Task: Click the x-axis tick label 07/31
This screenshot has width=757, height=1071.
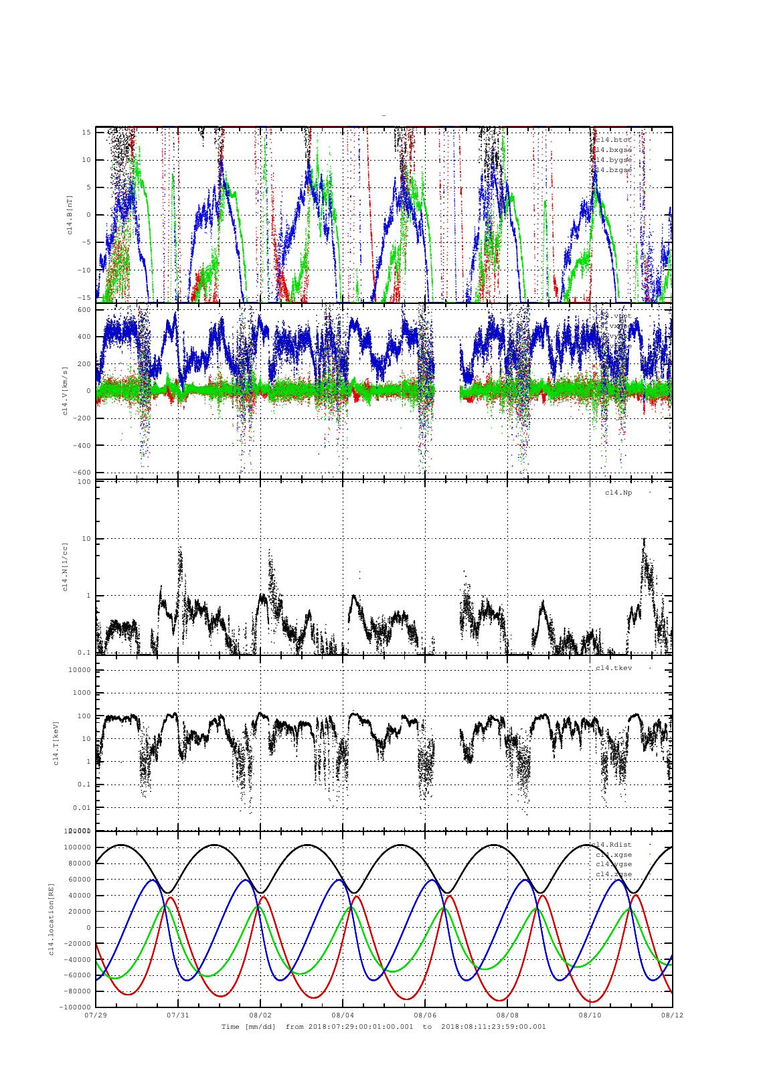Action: [178, 1015]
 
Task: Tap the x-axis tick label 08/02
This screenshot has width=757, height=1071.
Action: [260, 1015]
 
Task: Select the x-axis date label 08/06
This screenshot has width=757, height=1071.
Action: [425, 1015]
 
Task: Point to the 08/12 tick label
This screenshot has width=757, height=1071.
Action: [672, 1015]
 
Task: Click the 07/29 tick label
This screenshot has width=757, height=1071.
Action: [96, 1015]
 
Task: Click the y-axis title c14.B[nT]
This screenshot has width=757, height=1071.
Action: [68, 215]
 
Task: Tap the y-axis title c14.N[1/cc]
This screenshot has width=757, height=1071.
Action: [65, 567]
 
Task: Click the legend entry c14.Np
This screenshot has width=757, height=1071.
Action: [618, 493]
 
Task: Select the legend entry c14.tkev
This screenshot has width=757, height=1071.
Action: [614, 668]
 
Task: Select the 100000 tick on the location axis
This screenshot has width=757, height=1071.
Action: [76, 847]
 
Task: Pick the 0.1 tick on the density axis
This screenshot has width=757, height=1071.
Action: [84, 653]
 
